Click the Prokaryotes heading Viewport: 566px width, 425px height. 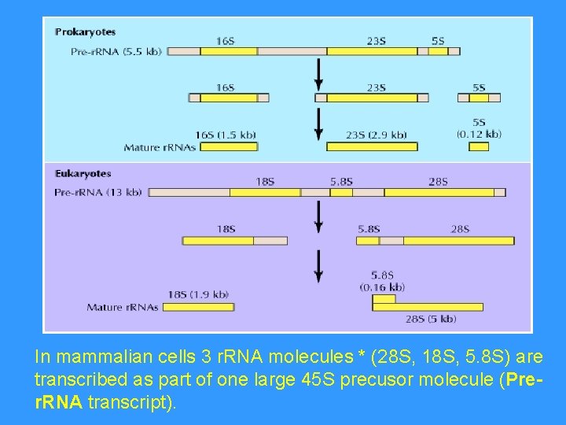coord(86,32)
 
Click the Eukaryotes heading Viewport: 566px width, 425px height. coord(83,173)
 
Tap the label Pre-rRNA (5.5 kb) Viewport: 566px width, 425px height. coord(116,51)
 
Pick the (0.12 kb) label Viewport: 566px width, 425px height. coord(479,134)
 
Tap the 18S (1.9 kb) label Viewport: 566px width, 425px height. coord(198,294)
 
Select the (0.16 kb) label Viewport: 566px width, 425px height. coord(382,286)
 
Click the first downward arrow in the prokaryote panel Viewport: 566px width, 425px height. coord(318,74)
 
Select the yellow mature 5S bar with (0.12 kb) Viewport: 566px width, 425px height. coord(479,146)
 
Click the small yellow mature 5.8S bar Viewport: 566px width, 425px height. coord(384,298)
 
